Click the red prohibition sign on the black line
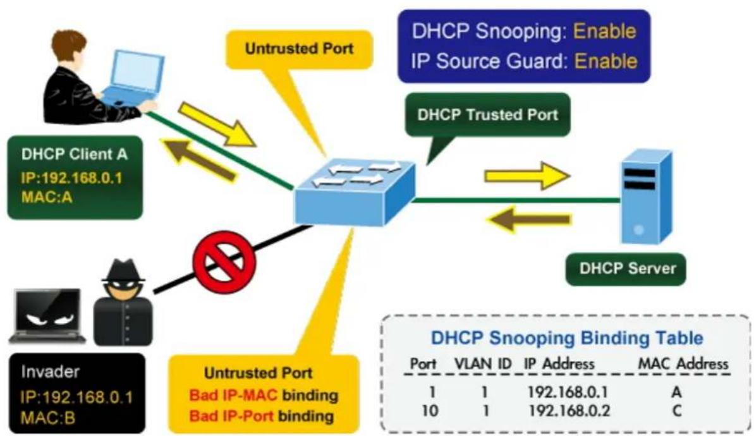(224, 262)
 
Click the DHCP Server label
(627, 268)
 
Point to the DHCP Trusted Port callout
(487, 115)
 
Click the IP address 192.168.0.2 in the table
(568, 411)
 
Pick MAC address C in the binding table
(677, 411)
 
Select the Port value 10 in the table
(429, 411)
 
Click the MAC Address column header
(683, 363)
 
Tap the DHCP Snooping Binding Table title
(567, 338)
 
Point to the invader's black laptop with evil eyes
(47, 316)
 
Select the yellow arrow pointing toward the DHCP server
(526, 176)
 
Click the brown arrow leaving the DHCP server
(529, 220)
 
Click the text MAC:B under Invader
(47, 417)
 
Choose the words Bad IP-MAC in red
(233, 395)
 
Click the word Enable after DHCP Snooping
(605, 31)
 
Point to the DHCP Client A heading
(75, 154)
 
